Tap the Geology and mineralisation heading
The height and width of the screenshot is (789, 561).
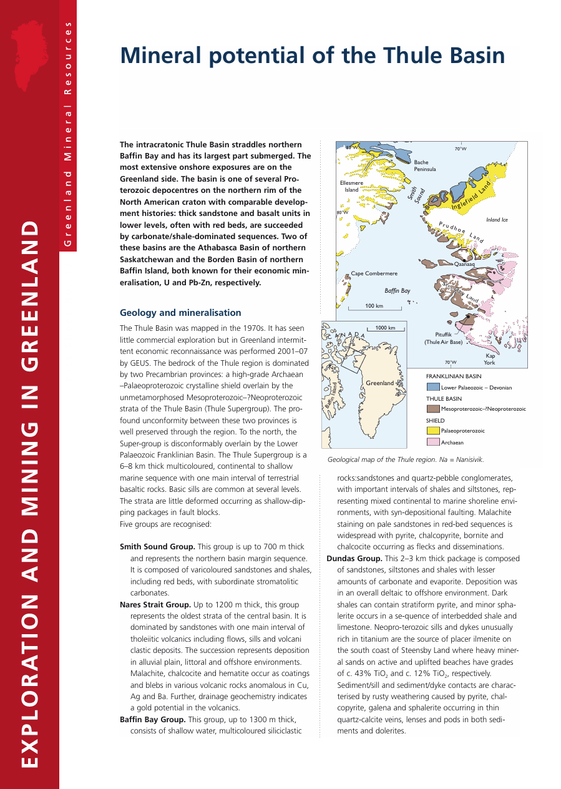(180, 313)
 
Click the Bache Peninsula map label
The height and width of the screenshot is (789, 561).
(424, 166)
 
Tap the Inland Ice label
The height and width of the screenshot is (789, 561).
(497, 220)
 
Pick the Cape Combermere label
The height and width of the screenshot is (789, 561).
(374, 273)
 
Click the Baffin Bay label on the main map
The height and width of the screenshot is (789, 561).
(397, 291)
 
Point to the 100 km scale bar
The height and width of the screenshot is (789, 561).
(374, 308)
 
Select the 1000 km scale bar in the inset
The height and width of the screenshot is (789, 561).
(385, 328)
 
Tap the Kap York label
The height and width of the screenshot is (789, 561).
(490, 359)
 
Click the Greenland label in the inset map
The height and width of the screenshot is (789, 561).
(379, 383)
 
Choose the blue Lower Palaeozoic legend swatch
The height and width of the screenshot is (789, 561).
(432, 388)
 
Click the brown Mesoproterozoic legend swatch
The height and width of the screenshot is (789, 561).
(432, 409)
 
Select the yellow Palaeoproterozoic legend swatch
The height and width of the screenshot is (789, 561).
(432, 431)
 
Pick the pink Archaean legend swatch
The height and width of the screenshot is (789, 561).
(432, 442)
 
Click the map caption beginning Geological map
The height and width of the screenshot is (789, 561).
(406, 459)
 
